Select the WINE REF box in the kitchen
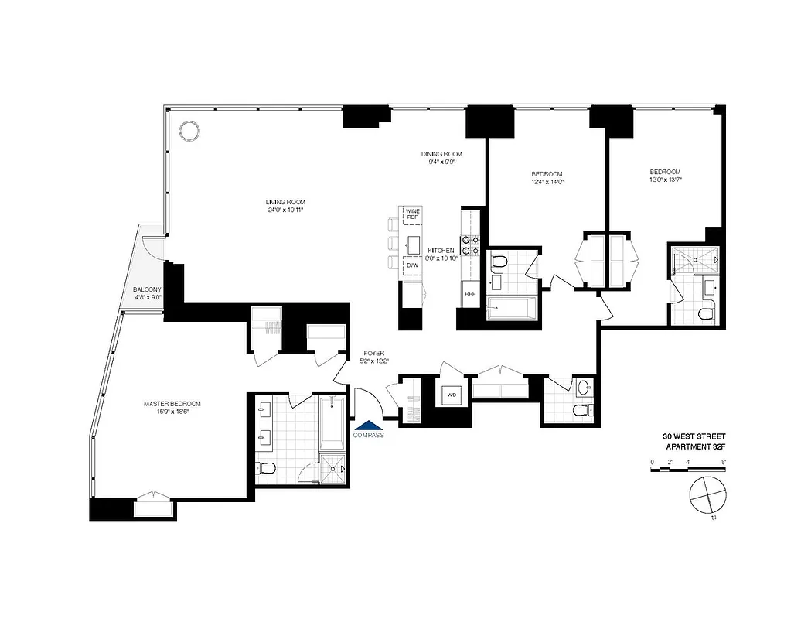(412, 214)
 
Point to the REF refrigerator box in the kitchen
(469, 294)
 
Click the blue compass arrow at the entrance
(368, 425)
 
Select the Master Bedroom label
(172, 404)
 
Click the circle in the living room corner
(188, 130)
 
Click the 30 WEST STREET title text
(695, 436)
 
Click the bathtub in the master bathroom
(331, 424)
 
